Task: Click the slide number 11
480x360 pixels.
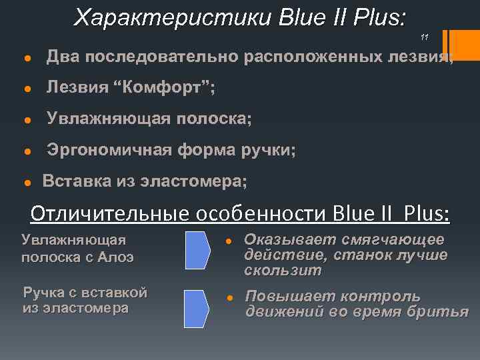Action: coord(425,37)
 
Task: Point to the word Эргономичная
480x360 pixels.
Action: coord(109,150)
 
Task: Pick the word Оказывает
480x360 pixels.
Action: coord(288,239)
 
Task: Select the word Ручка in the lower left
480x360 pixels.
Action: coord(45,291)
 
